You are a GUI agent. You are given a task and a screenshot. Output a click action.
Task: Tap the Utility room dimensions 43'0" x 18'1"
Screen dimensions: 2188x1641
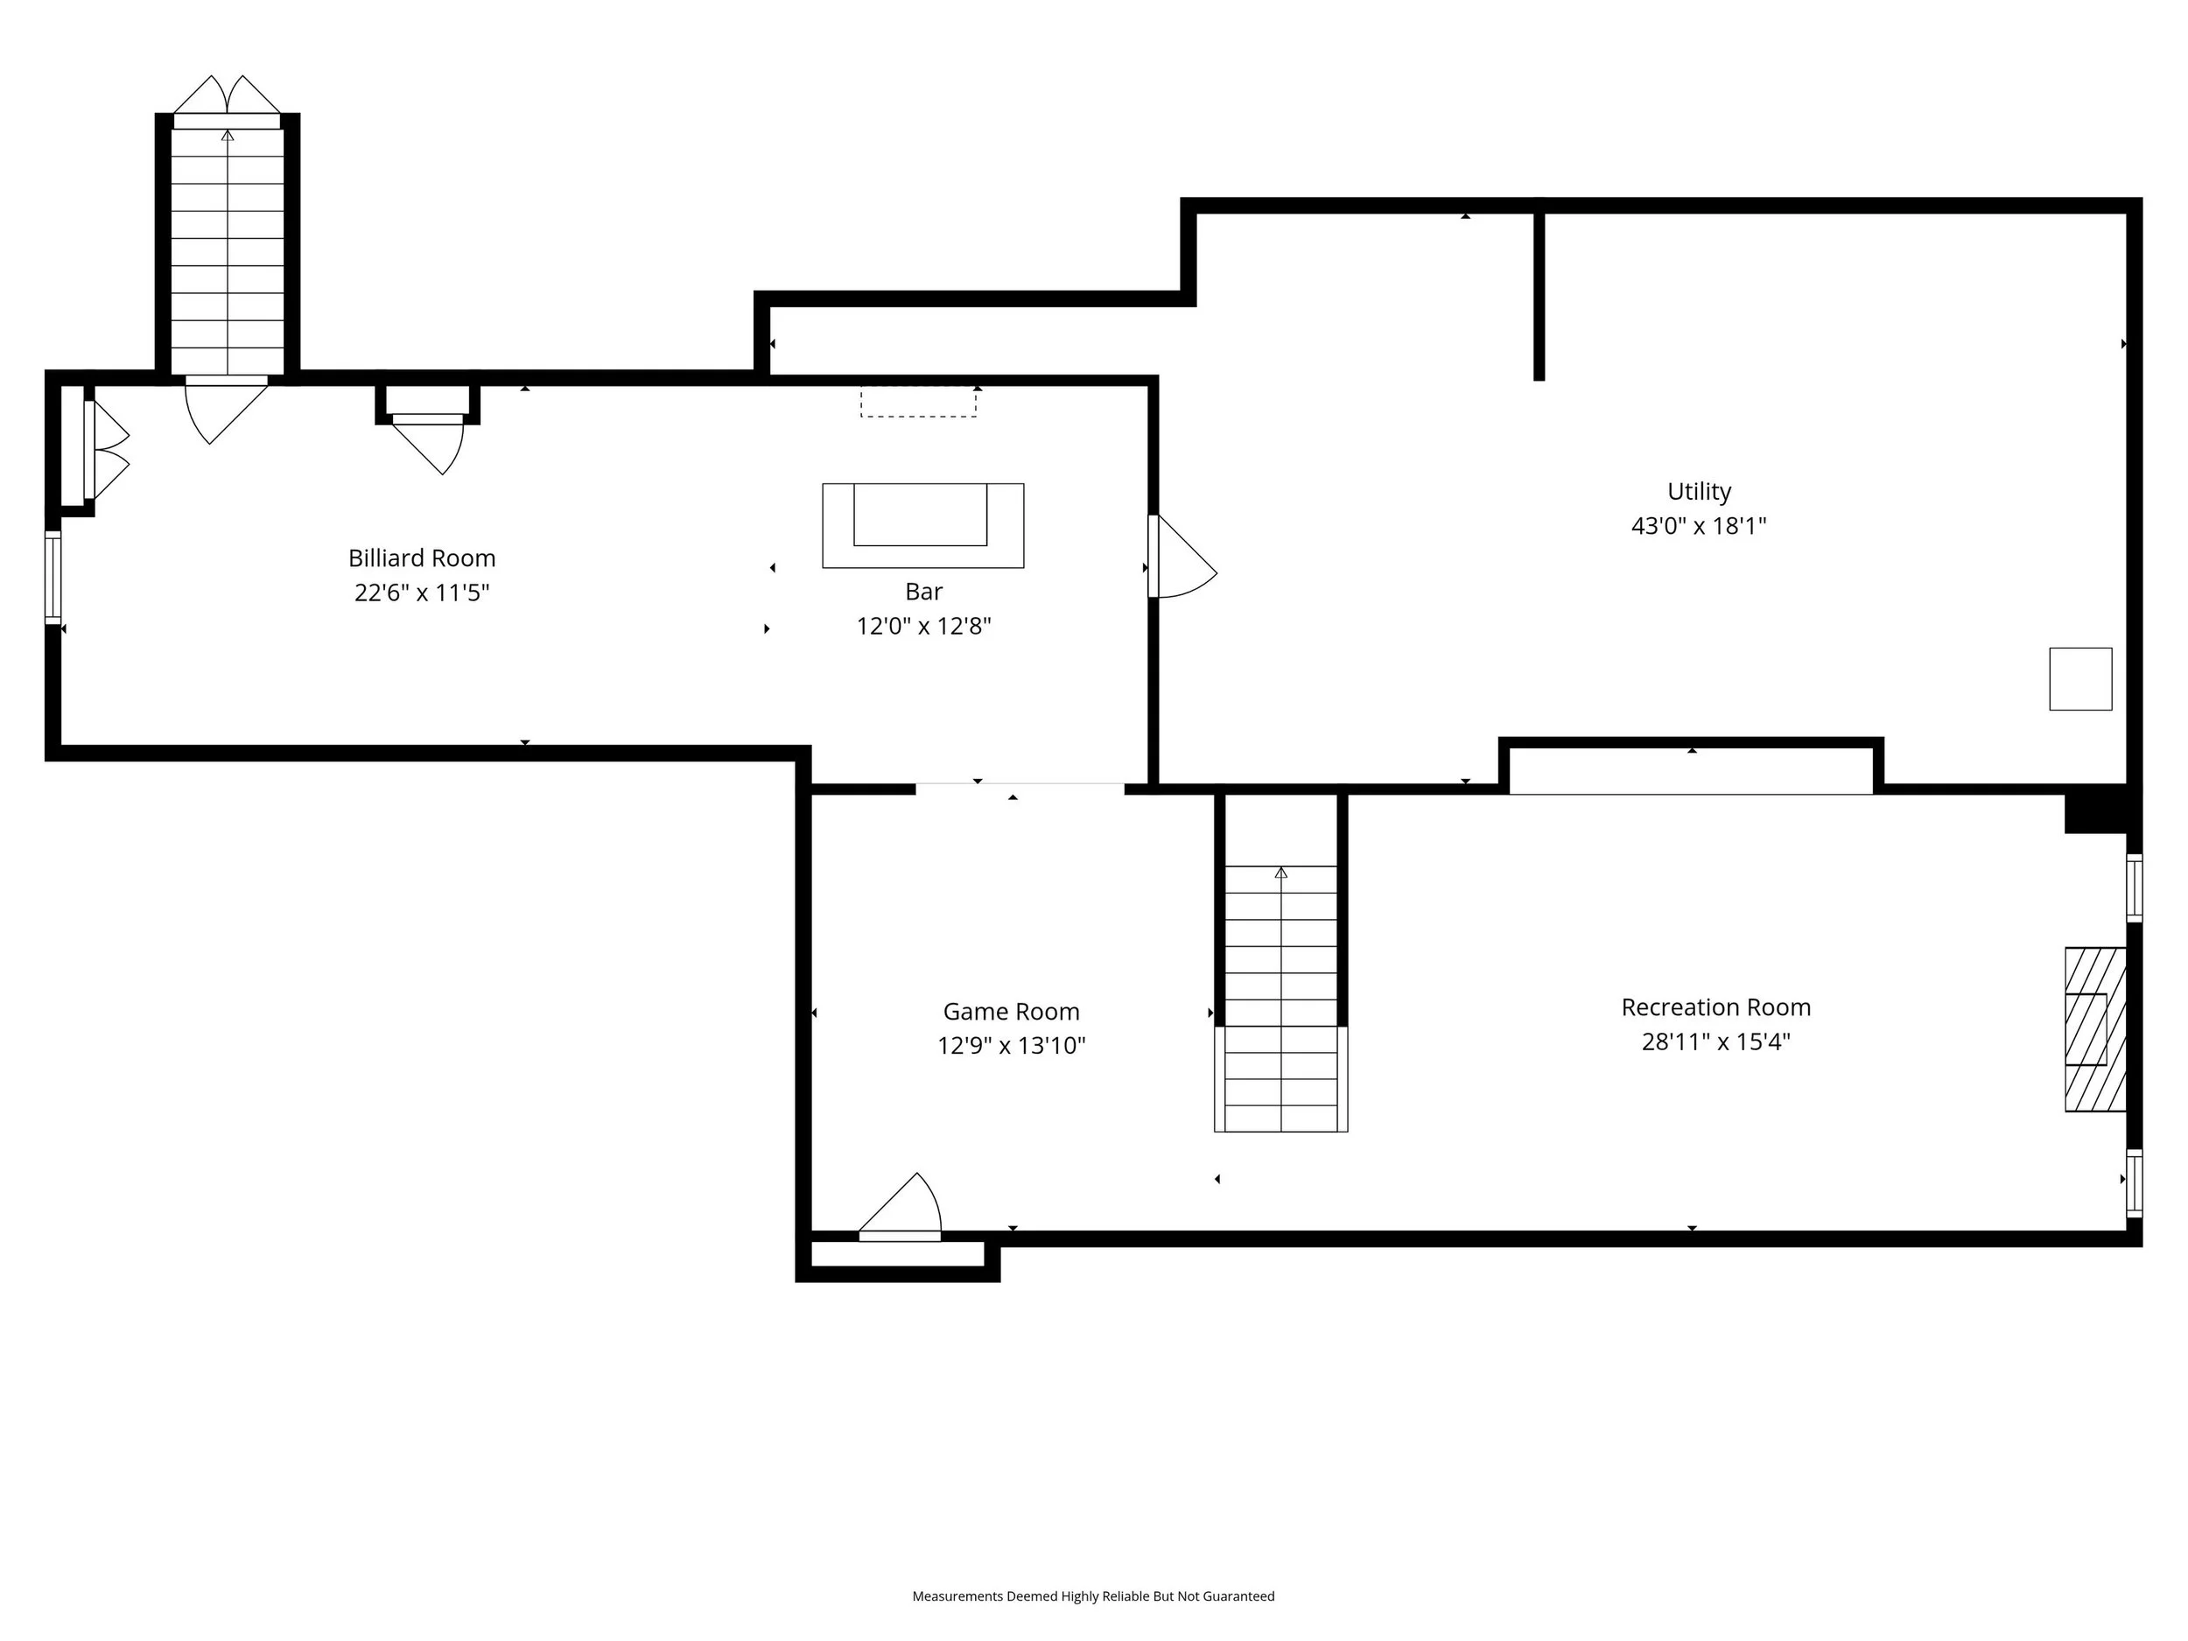pos(1699,525)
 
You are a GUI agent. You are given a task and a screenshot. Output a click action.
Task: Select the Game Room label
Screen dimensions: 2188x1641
pos(1011,1011)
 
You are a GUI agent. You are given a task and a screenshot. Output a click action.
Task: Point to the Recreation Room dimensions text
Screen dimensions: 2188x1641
pos(1716,1041)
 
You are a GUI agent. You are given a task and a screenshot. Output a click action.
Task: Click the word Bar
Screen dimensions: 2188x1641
pos(924,592)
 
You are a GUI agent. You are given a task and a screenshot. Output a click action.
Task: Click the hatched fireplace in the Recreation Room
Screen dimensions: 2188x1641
pos(2095,1030)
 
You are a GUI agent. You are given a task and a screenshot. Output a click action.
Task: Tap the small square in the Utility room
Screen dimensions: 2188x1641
pos(2080,678)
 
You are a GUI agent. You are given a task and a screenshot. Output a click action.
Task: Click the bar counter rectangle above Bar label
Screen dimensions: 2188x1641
pos(922,525)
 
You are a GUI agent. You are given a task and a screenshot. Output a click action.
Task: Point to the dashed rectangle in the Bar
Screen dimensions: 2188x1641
pos(918,402)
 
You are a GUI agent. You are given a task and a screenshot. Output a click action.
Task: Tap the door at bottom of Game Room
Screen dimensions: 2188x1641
pos(900,1208)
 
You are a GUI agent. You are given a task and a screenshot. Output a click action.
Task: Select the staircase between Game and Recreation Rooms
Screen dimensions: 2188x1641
pos(1281,998)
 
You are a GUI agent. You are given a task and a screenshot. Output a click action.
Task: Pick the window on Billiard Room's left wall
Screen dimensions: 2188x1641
pos(53,578)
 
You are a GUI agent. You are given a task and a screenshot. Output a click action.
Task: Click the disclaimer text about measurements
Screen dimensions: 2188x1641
pos(1093,1595)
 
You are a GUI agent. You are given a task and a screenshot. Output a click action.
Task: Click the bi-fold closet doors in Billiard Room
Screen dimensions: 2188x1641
pos(107,450)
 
